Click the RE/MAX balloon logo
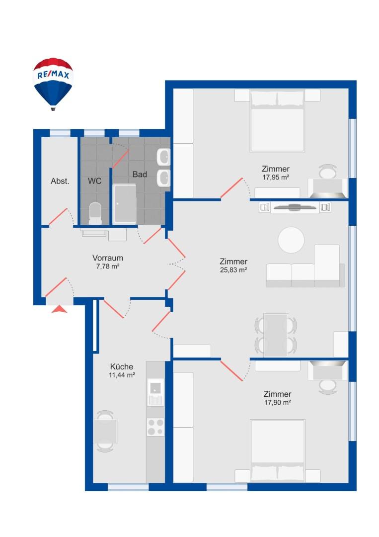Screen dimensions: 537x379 point(53,83)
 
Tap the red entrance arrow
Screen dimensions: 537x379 point(60,309)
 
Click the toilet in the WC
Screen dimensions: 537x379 point(94,212)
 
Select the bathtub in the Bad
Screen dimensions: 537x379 point(125,204)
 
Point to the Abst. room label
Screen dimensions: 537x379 point(60,181)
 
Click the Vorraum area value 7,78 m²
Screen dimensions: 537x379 point(108,267)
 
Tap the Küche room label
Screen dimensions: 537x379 point(122,366)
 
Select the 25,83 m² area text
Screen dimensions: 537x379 point(233,270)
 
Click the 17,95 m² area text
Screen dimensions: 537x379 point(276,177)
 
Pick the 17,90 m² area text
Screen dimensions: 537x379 point(278,402)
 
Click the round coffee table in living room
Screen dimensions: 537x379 point(291,240)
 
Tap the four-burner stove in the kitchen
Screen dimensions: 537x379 point(155,426)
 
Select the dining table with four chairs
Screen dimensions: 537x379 point(276,335)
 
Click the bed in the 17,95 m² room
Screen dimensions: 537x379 point(277,121)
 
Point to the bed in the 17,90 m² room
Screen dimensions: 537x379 point(277,450)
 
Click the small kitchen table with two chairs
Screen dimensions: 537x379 point(105,431)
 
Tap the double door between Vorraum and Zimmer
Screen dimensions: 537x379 point(176,264)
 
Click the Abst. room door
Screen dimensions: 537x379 point(59,216)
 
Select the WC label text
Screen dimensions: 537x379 point(95,181)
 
